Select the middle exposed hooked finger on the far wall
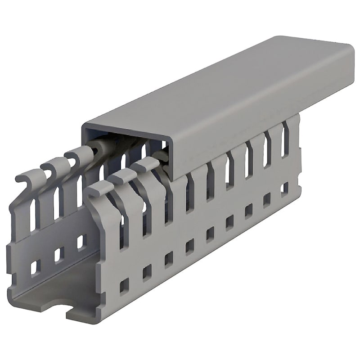[52, 167]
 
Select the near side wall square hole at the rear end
[285, 188]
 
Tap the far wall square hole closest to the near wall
[81, 242]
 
